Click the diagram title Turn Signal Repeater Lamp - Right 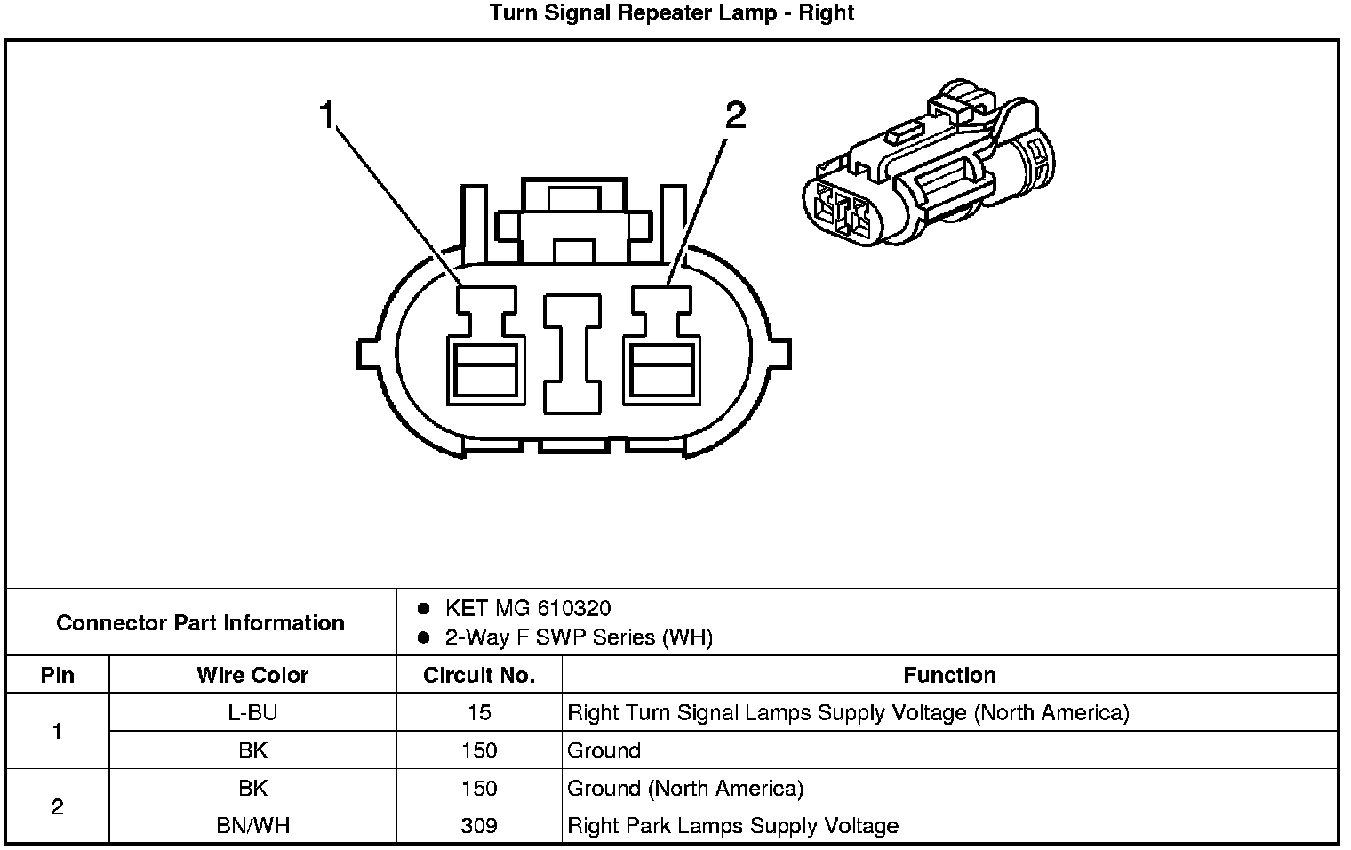click(x=671, y=13)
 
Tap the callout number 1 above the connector click(x=327, y=116)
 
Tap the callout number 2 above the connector click(x=735, y=116)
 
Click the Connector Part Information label click(x=200, y=622)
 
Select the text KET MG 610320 click(x=528, y=608)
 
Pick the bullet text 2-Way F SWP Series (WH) click(x=579, y=637)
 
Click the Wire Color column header click(x=252, y=675)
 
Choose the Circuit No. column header click(x=479, y=675)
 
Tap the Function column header click(x=949, y=675)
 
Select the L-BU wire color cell click(x=252, y=712)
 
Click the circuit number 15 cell click(x=479, y=712)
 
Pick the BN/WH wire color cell click(x=252, y=826)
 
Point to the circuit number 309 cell click(x=479, y=826)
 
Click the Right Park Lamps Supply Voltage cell click(x=733, y=826)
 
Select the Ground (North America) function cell click(x=685, y=789)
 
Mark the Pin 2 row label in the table click(x=57, y=807)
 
